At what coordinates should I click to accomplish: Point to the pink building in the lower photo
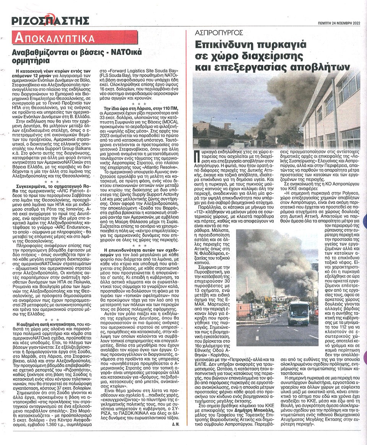coord(245,309)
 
